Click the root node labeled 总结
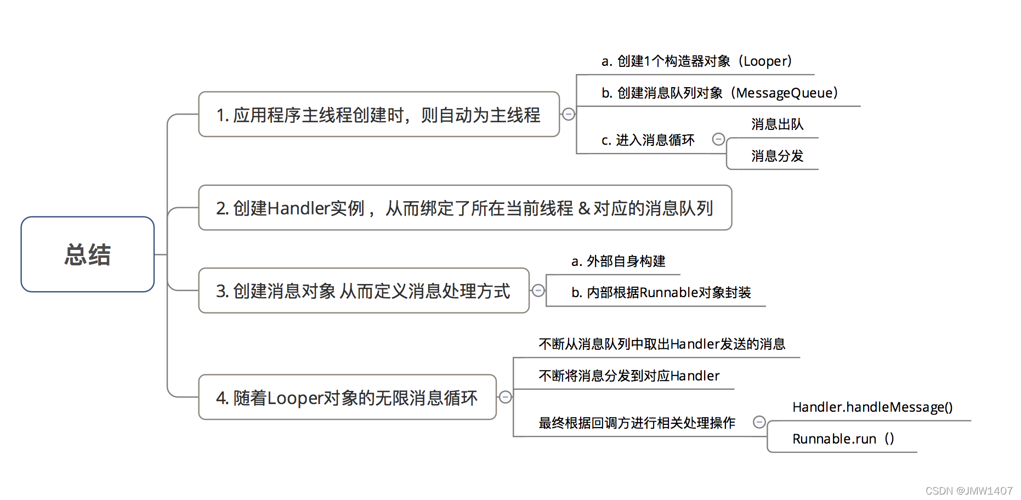(88, 254)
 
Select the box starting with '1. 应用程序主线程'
(379, 114)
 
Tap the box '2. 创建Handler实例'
(465, 208)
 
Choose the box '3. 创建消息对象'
(364, 291)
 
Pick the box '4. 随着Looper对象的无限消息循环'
(347, 397)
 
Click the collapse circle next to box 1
(569, 114)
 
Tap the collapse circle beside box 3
(538, 291)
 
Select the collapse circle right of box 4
(506, 397)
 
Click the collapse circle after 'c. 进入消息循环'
(718, 139)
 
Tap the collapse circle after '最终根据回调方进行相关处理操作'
(759, 422)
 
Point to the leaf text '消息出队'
(777, 124)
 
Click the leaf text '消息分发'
(777, 156)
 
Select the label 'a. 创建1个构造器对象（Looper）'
(697, 61)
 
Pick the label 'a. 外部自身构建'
(619, 261)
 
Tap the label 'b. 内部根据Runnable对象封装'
(661, 292)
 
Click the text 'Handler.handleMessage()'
(872, 407)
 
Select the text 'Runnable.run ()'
(843, 439)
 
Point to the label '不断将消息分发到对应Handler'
(629, 376)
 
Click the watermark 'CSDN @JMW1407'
(969, 491)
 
